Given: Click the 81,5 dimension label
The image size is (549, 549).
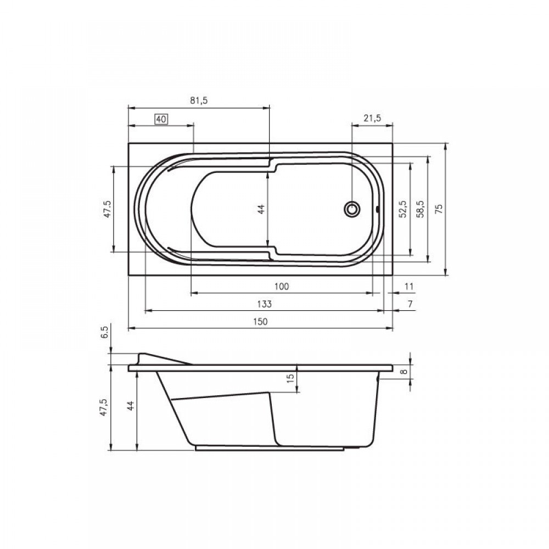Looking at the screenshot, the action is point(199,100).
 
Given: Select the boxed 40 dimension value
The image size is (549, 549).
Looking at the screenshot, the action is point(161,119).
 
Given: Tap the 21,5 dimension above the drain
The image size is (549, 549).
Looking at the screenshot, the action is point(372,119).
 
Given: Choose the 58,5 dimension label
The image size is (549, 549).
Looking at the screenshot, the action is point(420,209).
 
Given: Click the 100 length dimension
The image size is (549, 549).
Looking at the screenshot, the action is point(282,287).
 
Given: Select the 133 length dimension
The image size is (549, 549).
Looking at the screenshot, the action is point(264,304).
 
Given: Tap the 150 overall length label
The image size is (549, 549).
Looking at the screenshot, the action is point(260,321).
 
